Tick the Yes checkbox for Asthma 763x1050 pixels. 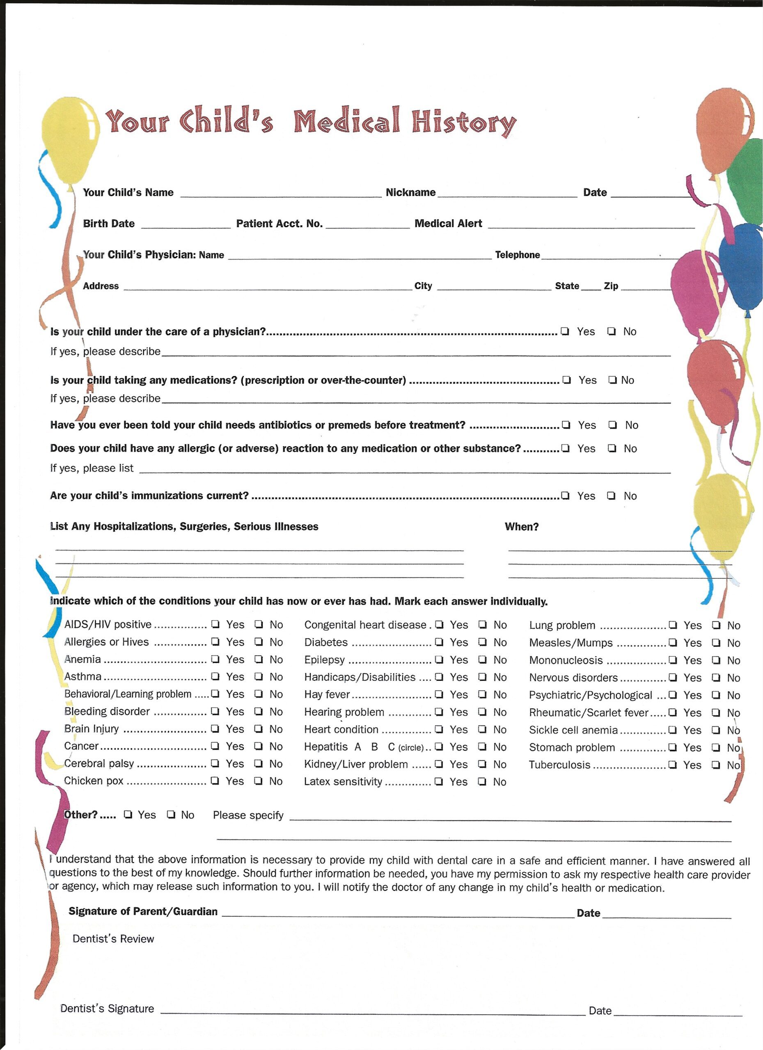215,676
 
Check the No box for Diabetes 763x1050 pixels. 483,642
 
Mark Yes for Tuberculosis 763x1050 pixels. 673,765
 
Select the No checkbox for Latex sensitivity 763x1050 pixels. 482,781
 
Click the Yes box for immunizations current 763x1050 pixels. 565,496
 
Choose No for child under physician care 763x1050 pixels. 612,331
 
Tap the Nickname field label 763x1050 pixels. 410,193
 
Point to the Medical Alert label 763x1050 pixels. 448,224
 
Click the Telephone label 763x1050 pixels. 517,255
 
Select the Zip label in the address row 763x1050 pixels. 611,286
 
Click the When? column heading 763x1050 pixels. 521,527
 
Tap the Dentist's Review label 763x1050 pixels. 113,939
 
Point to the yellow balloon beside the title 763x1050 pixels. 71,139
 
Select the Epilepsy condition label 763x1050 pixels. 324,660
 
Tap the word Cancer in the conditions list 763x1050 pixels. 81,746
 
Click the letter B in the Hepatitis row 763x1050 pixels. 374,747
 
